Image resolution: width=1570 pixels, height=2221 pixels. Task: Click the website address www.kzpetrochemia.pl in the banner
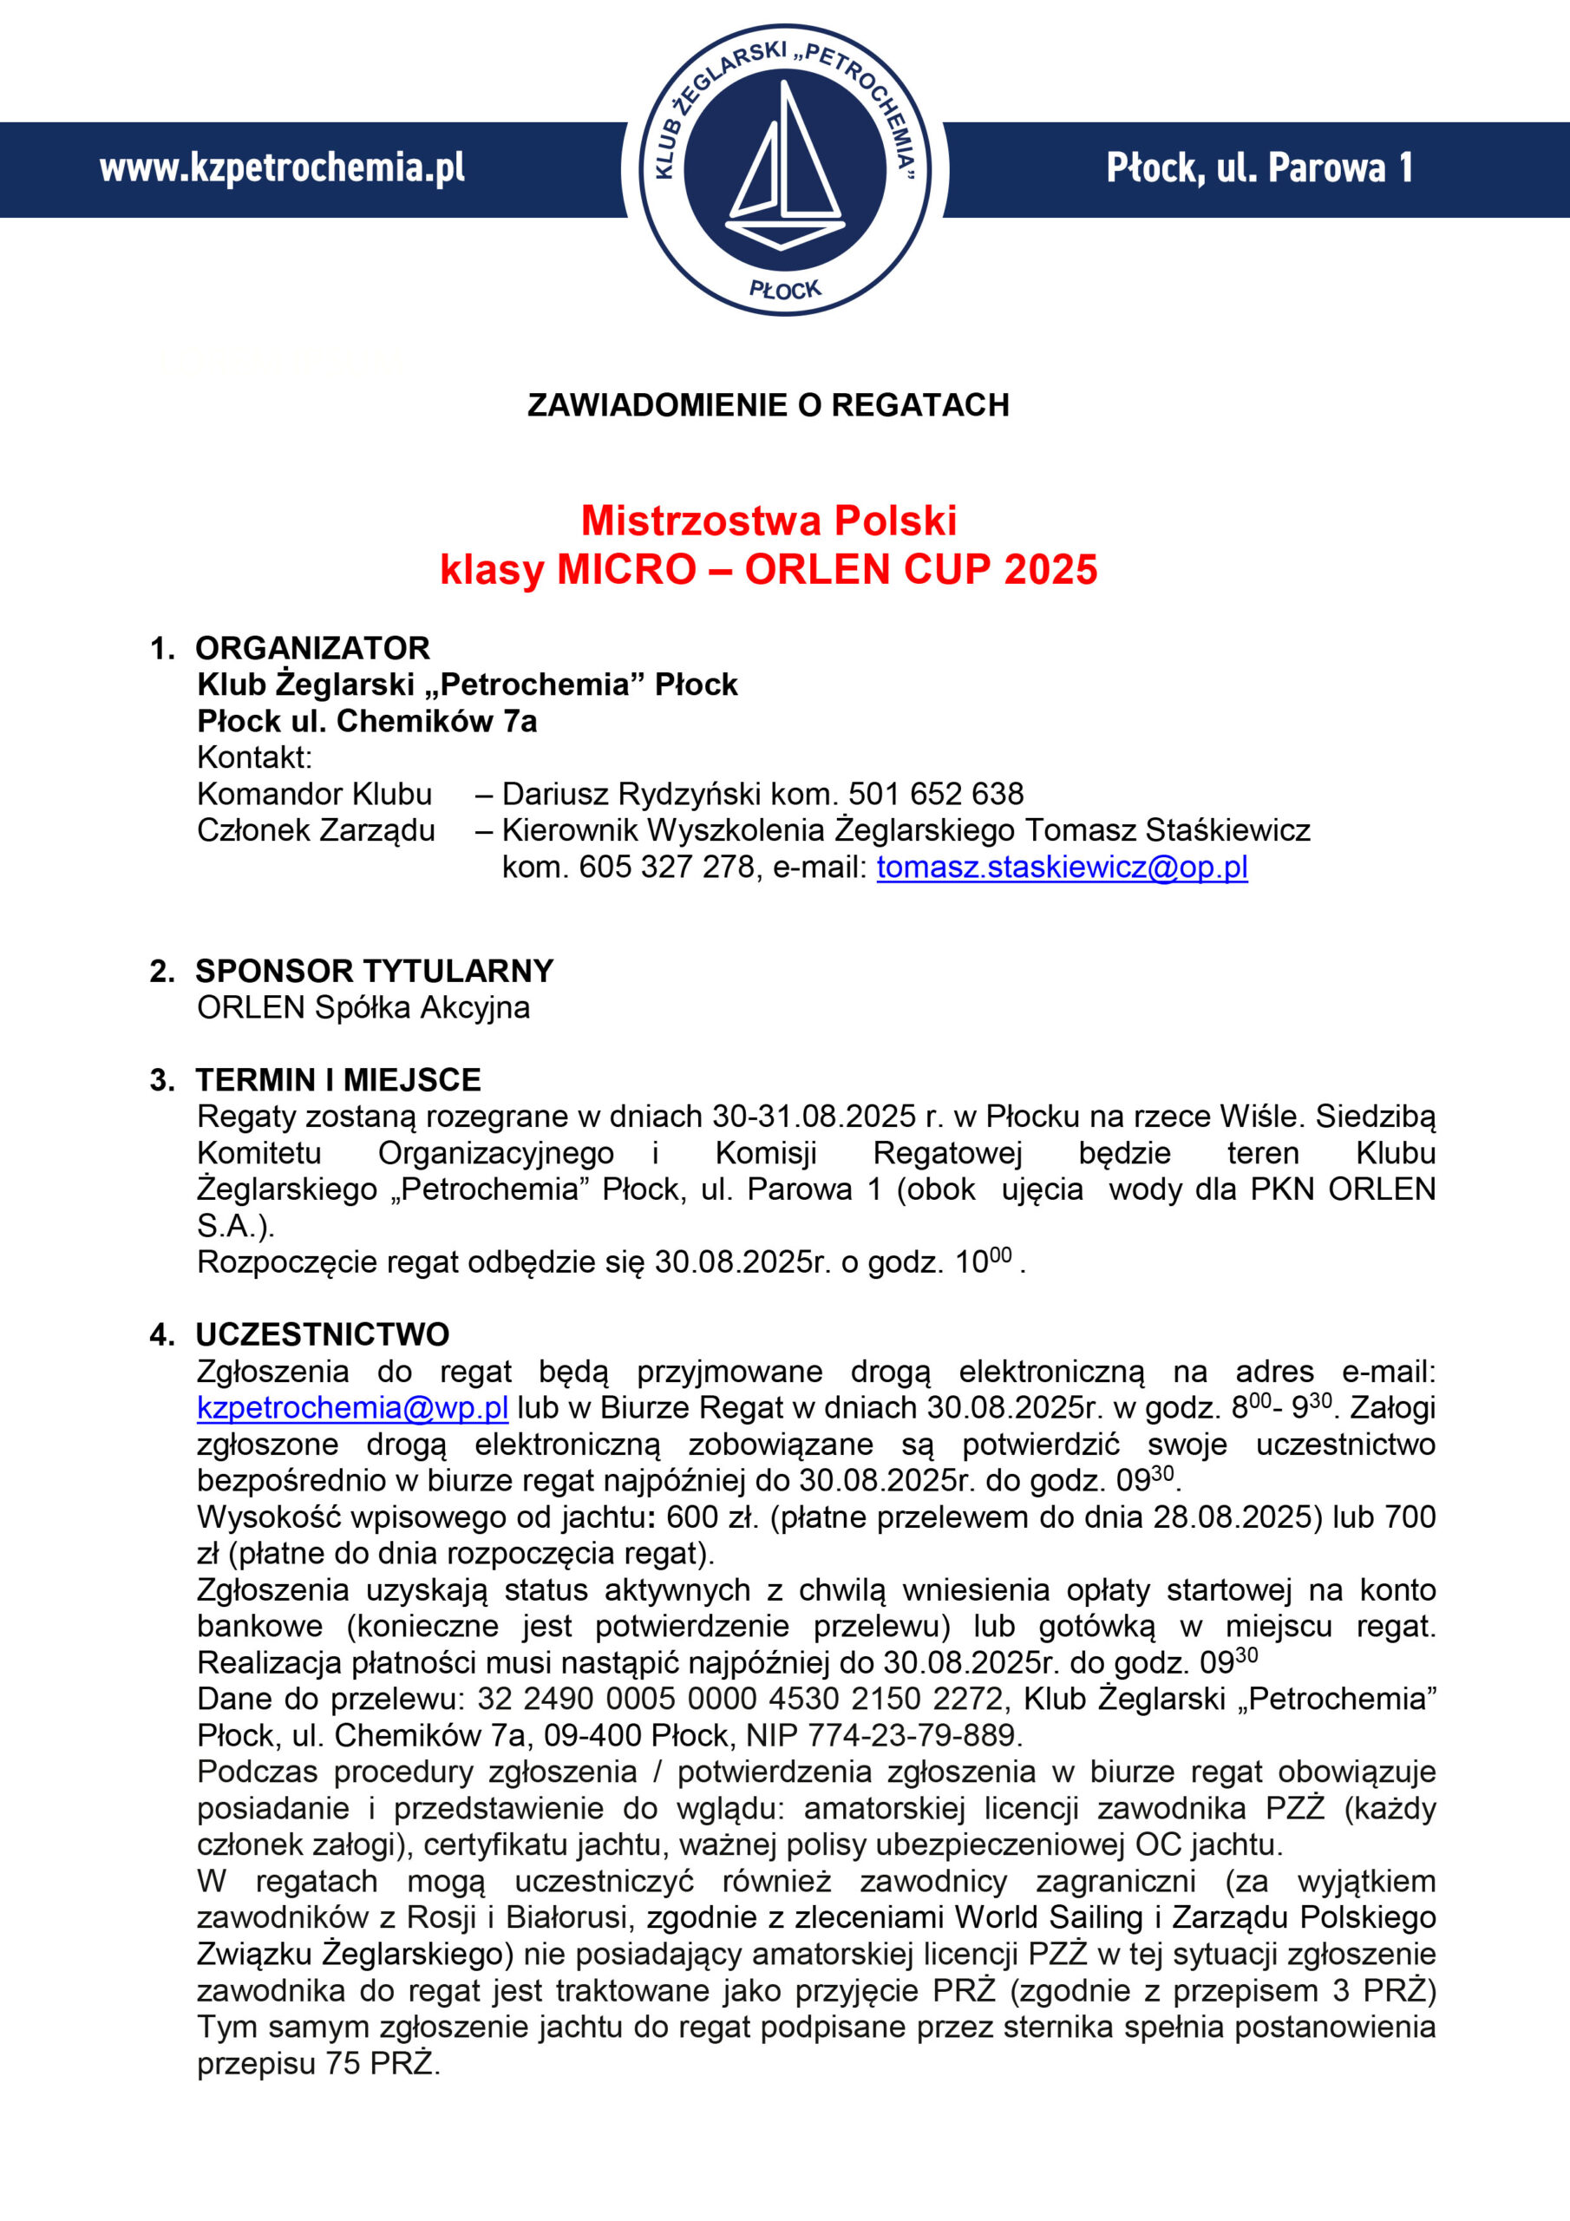pos(282,168)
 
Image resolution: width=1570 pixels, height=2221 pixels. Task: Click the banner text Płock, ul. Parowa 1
pos(1259,168)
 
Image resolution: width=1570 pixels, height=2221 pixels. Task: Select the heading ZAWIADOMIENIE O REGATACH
pos(768,404)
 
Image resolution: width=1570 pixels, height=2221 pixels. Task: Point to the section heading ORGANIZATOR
pos(311,647)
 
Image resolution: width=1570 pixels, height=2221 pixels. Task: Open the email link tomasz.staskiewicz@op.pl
pos(1061,867)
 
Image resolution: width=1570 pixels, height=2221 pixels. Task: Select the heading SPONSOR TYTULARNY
pos(375,970)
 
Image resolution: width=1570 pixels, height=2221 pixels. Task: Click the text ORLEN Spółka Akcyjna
pos(363,1007)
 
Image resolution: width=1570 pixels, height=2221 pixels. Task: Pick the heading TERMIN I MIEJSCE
pos(337,1079)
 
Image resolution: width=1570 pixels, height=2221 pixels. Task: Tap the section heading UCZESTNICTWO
pos(322,1334)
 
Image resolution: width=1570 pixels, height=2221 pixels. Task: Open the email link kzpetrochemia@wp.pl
pos(352,1407)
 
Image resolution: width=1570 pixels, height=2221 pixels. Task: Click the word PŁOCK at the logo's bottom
pos(784,289)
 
